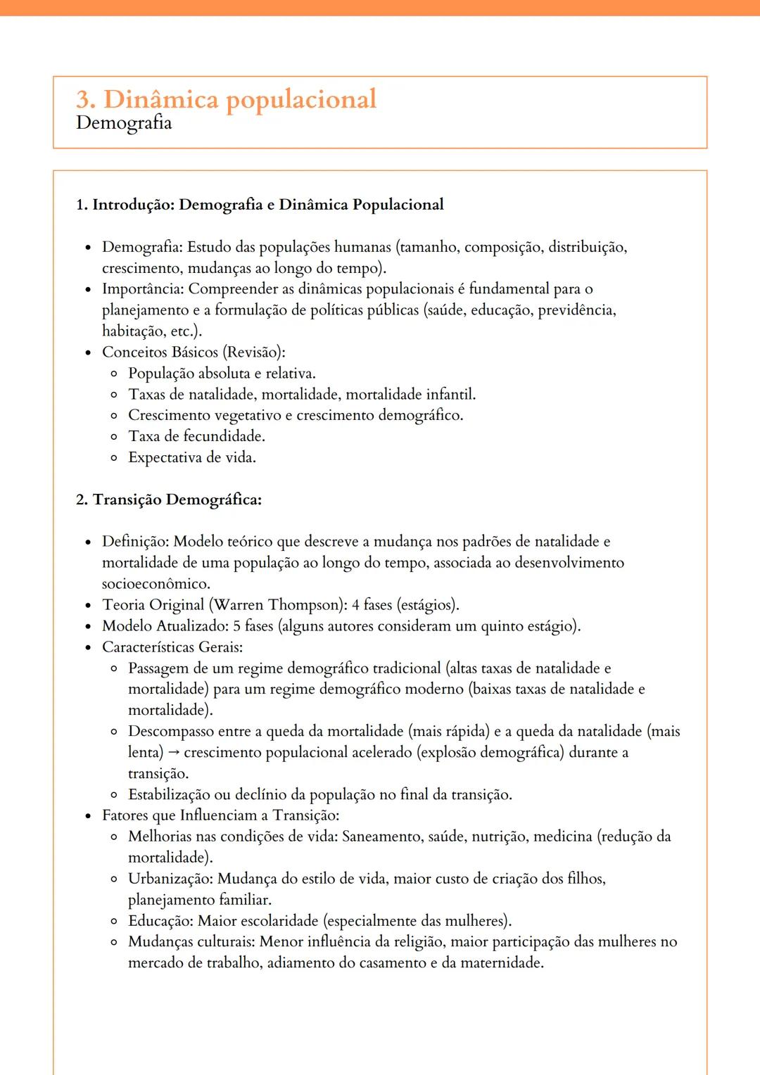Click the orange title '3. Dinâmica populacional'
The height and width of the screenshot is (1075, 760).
(226, 99)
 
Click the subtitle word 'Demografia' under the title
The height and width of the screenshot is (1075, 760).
(124, 123)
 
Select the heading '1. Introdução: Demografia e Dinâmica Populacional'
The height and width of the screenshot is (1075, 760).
(260, 205)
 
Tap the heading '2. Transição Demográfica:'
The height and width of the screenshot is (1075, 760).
(169, 500)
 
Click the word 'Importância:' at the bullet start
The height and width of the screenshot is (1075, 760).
(143, 289)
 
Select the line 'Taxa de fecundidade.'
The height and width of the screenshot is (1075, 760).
(196, 436)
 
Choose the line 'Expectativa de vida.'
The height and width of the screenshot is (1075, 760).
(192, 457)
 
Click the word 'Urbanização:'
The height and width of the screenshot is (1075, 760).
(170, 879)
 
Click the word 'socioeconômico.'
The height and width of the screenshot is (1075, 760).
(156, 584)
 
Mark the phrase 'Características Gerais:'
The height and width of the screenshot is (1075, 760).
(172, 647)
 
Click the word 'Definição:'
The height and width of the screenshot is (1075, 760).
(136, 542)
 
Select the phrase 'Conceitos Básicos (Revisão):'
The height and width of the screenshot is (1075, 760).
(194, 352)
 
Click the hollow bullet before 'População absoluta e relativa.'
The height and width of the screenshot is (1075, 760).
(114, 374)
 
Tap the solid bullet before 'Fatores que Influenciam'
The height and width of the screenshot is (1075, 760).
(88, 816)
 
